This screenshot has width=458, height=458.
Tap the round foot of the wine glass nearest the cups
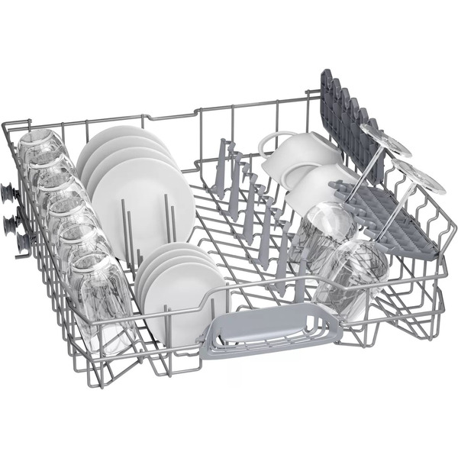point(382,138)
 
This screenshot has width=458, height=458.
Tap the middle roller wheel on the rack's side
point(11,221)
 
